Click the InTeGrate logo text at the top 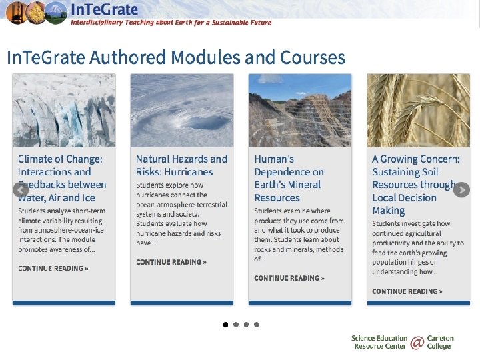coord(105,9)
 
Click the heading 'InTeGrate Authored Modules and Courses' coord(176,57)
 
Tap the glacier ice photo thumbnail coord(64,110)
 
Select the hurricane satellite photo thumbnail coord(182,110)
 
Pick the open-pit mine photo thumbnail coord(300,110)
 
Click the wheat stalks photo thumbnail coord(418,110)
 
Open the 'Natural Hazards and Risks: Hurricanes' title coord(181,165)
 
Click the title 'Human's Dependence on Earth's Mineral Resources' coord(289,178)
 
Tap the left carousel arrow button coord(21,190)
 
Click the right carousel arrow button coord(461,190)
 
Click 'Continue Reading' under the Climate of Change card coord(53,269)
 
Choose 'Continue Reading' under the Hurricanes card coord(171,262)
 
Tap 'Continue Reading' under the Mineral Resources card coord(289,278)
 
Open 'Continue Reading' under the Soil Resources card coord(407,291)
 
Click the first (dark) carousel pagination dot coord(225,325)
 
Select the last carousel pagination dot coord(257,325)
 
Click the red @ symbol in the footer coord(417,343)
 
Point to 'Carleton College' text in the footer coord(439,343)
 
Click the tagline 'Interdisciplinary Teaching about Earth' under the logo coord(171,23)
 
